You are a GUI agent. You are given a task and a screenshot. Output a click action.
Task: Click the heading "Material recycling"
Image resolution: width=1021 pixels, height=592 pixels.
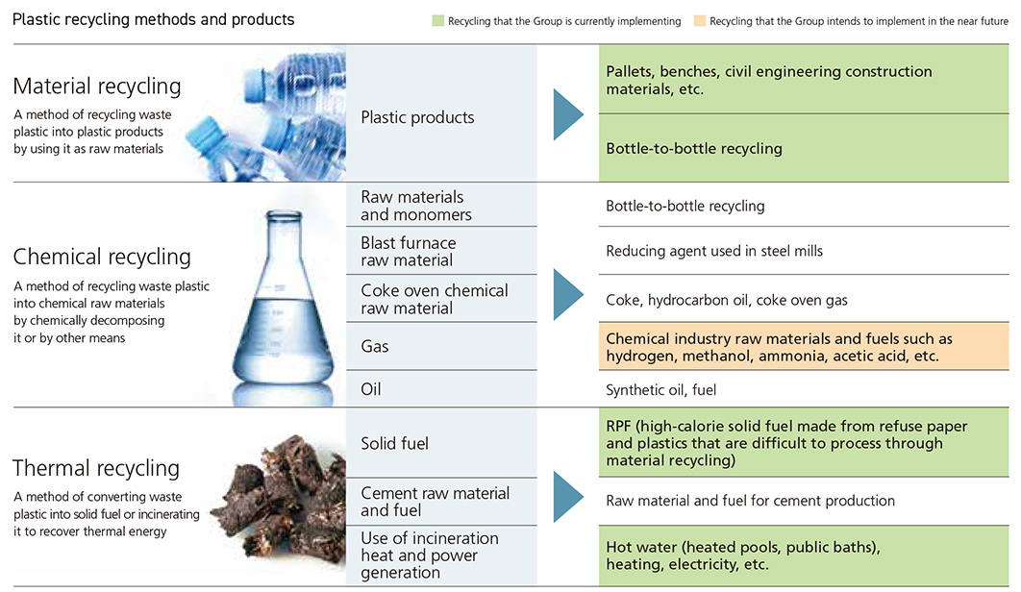click(x=97, y=86)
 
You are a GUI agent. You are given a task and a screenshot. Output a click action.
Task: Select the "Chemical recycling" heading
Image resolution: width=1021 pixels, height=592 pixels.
click(x=102, y=258)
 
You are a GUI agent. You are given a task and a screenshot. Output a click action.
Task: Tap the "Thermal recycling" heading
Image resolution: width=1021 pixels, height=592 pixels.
click(x=96, y=469)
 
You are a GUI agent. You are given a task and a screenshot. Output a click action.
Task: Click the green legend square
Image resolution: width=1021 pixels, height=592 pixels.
click(x=438, y=21)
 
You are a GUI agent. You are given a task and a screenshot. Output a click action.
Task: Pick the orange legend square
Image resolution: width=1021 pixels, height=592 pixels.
click(x=700, y=21)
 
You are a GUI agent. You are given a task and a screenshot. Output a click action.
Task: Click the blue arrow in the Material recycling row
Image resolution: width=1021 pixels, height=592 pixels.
click(x=568, y=115)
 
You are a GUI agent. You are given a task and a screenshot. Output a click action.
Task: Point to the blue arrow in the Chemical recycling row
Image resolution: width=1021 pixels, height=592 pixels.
click(x=568, y=294)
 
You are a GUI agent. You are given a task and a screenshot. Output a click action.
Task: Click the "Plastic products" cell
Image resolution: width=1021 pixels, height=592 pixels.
click(x=417, y=117)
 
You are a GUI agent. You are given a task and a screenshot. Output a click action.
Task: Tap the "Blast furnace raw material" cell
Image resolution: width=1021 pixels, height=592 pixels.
click(x=409, y=251)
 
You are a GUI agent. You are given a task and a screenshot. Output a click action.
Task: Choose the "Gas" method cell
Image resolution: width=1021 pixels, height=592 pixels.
click(x=375, y=346)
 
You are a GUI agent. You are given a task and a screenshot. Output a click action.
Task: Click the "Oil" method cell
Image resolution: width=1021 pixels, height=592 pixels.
click(x=371, y=389)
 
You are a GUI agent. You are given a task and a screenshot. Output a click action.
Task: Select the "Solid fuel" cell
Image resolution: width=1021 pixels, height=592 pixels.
click(x=394, y=443)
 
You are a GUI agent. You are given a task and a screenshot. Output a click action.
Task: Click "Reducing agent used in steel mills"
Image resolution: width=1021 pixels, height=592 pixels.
click(x=714, y=251)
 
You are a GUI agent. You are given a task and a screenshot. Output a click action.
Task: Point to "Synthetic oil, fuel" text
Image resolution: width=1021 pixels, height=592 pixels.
click(x=660, y=389)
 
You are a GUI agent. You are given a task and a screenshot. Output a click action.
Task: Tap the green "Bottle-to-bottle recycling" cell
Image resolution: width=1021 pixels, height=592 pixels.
click(x=694, y=148)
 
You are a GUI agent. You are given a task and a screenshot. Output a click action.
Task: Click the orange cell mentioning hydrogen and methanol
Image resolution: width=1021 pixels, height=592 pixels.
click(x=779, y=347)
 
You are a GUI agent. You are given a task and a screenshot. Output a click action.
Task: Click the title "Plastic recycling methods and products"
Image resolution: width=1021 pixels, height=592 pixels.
click(x=154, y=19)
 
